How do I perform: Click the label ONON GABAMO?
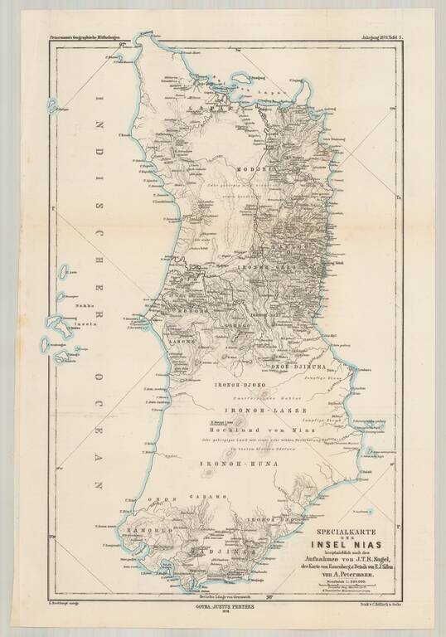pos(175,497)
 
